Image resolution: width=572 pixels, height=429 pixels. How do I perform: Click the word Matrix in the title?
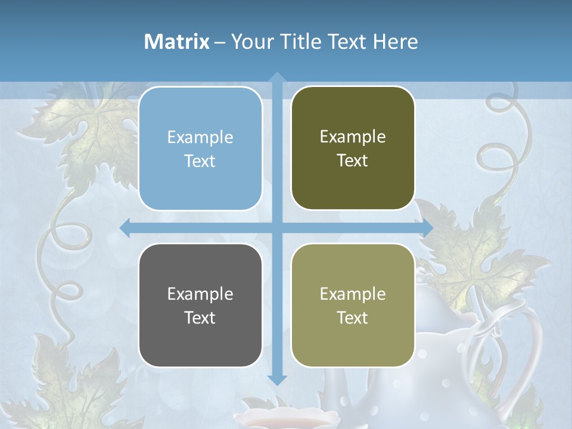tap(177, 42)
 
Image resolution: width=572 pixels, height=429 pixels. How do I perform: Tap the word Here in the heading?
tap(396, 42)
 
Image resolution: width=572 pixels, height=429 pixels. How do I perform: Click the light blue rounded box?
tap(200, 148)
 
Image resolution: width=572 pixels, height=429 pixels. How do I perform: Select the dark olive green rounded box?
tap(353, 148)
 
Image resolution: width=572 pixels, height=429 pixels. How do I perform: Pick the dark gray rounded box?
tap(200, 305)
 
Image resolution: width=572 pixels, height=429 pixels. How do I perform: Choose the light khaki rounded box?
tap(353, 305)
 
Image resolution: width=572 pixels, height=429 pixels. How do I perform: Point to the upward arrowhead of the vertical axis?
tap(277, 77)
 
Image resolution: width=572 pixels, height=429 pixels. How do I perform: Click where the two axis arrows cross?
tap(277, 228)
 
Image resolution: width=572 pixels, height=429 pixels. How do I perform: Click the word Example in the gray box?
tap(200, 294)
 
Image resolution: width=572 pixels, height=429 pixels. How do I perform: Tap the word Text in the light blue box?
tap(200, 161)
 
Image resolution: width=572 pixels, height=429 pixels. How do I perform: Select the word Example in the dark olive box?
tap(353, 136)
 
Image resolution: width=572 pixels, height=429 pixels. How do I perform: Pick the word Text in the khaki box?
tap(353, 318)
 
